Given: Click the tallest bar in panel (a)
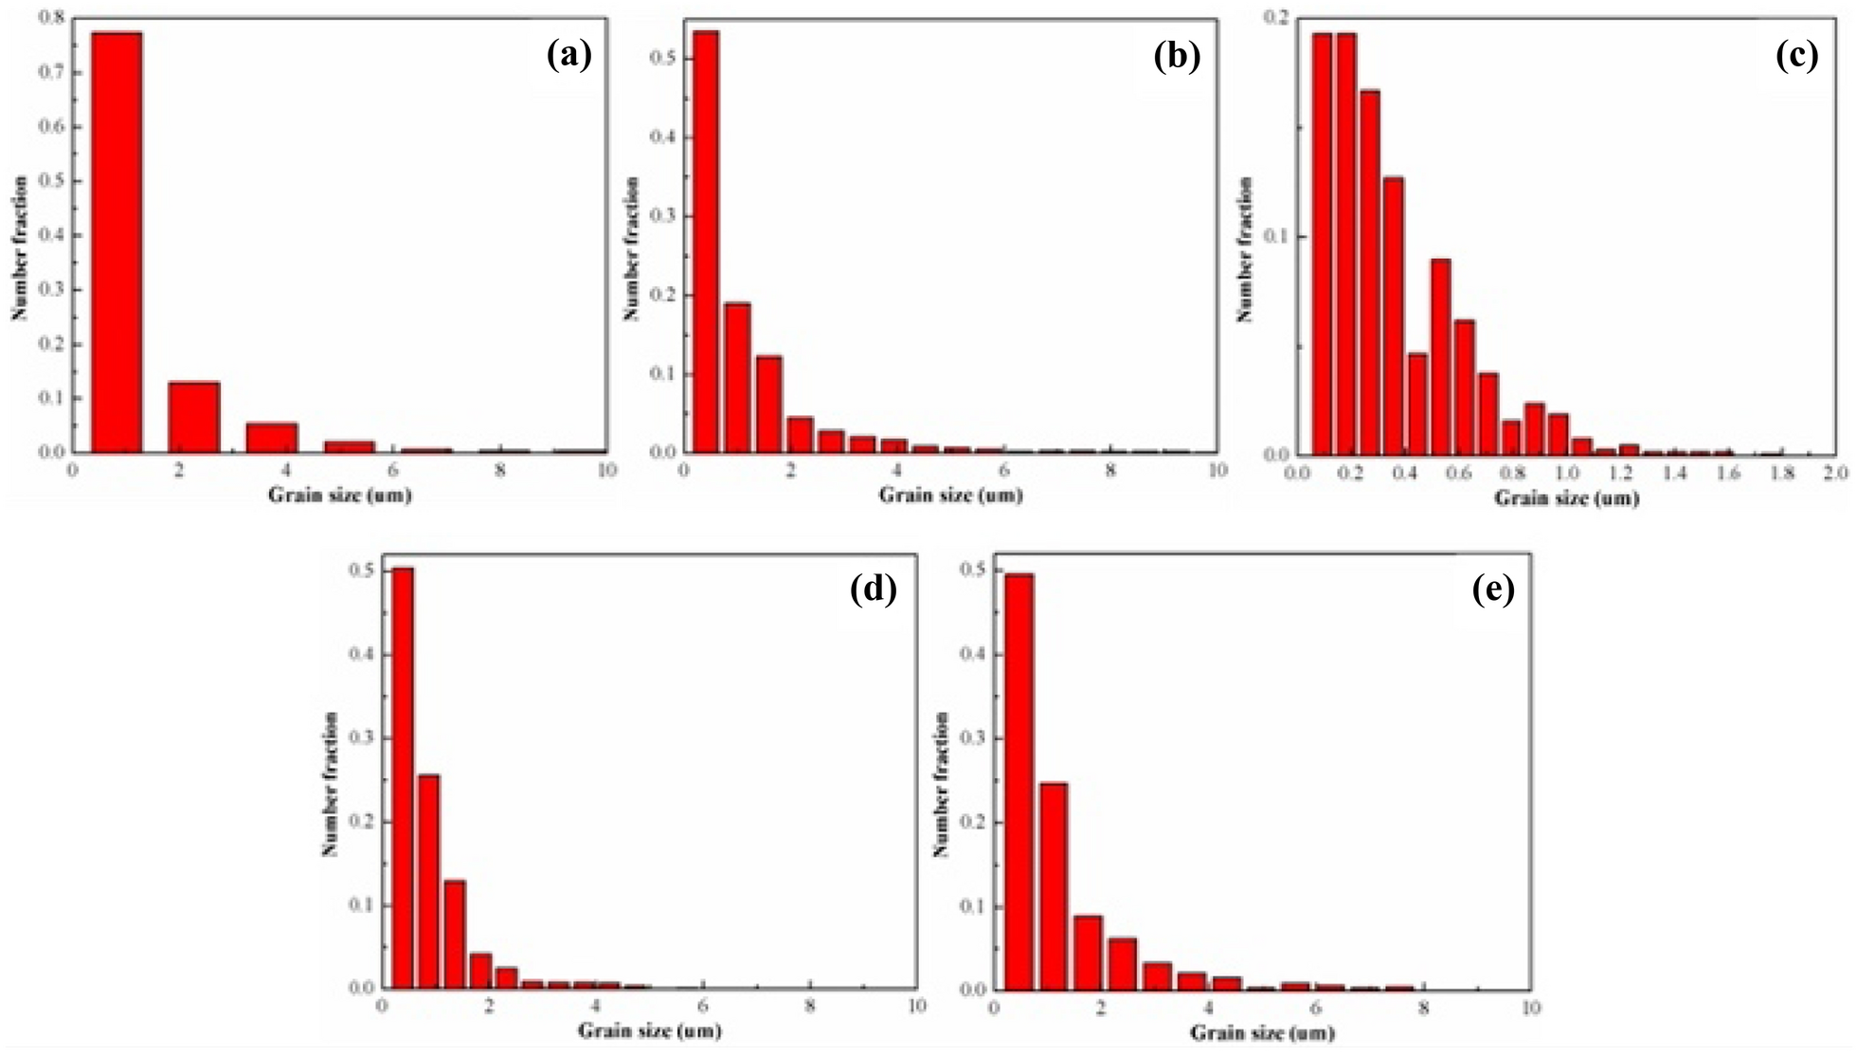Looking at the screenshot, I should tap(117, 242).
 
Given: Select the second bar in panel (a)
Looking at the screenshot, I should tap(194, 416).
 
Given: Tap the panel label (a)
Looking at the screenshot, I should tap(569, 56).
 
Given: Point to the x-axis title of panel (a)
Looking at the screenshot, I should tap(339, 494).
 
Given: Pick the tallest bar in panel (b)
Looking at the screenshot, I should tap(706, 241).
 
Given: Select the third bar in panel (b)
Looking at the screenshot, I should tap(769, 404).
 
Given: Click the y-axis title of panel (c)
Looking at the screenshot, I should tap(1246, 249).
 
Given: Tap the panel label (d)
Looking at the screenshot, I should tap(874, 590).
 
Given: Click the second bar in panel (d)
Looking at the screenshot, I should tap(429, 881).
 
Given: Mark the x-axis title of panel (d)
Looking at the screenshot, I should tap(650, 1030).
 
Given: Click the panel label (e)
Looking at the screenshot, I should tap(1494, 590).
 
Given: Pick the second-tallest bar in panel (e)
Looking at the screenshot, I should tap(1054, 886).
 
